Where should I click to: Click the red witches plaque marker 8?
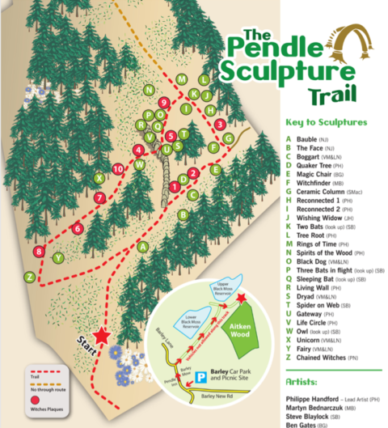coord(40,252)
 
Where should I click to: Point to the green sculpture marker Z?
coord(29,277)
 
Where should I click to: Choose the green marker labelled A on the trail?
coord(143,246)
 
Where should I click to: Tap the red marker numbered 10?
coord(118,168)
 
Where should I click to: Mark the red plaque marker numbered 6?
coord(77,229)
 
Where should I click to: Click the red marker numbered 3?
coord(220,124)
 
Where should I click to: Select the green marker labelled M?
coord(182,79)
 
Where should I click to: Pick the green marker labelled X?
coord(99,177)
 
